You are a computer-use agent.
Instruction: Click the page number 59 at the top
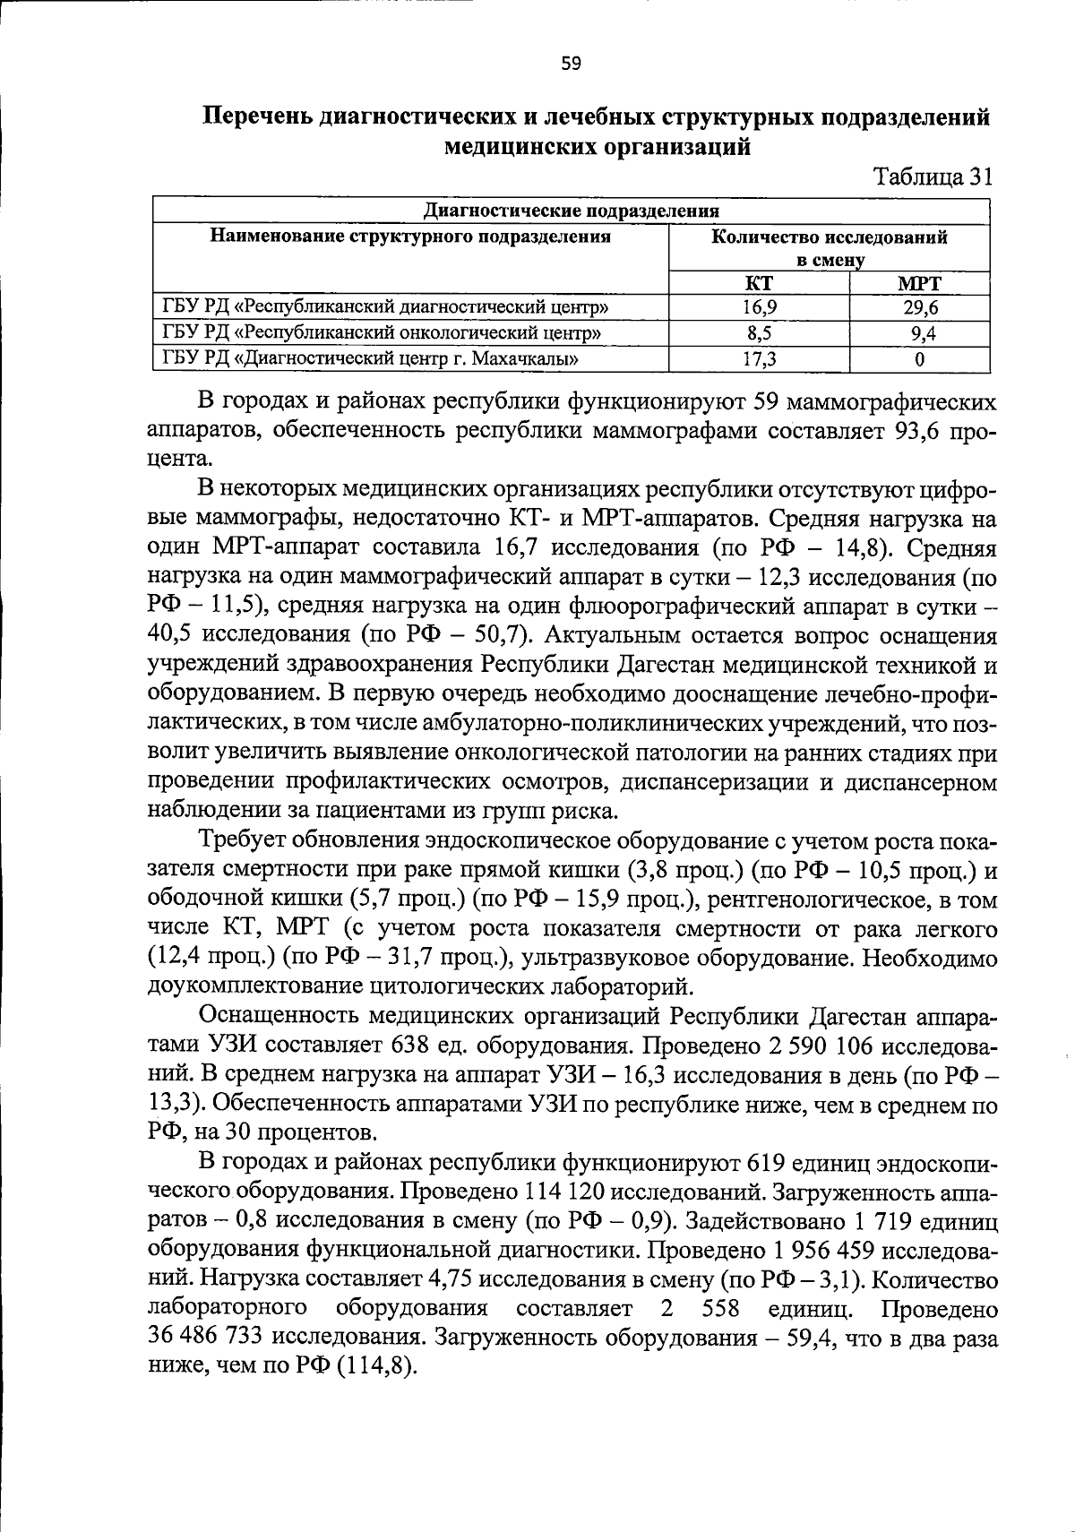click(571, 64)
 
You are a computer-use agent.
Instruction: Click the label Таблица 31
click(933, 176)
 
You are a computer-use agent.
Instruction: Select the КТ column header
click(759, 284)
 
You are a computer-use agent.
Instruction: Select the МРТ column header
click(919, 284)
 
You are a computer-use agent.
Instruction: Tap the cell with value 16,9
click(759, 309)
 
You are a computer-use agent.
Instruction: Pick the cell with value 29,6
click(920, 309)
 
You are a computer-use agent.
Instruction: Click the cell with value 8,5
click(759, 334)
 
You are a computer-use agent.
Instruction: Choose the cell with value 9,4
click(920, 334)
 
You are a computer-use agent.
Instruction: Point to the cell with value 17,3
click(759, 359)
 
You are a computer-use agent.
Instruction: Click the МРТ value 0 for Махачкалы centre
click(920, 359)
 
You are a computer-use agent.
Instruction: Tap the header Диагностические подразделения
click(572, 211)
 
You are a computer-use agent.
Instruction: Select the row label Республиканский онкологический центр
click(382, 334)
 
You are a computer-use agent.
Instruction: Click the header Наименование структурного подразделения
click(410, 237)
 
